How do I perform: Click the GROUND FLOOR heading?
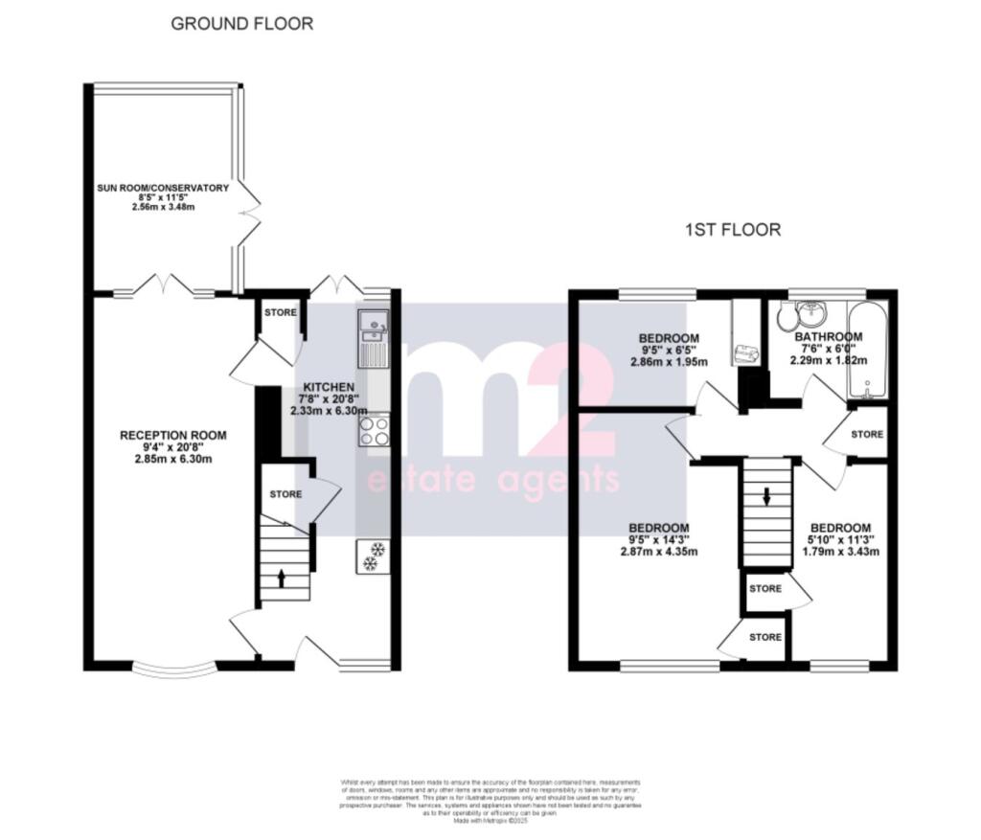pos(241,24)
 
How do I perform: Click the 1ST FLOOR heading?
pos(733,230)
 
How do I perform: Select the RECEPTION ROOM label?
pos(173,436)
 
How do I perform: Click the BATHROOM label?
pos(828,337)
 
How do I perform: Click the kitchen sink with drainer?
pos(372,339)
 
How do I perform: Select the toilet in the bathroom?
pos(787,318)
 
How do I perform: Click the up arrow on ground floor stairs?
pos(281,577)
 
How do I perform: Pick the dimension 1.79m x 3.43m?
pos(840,552)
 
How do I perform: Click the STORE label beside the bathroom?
pos(867,435)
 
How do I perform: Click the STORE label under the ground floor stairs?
pos(285,495)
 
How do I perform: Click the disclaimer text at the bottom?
pos(490,801)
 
